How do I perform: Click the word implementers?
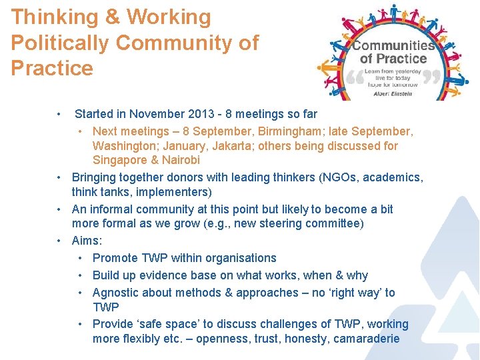point(174,193)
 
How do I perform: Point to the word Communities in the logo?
point(393,46)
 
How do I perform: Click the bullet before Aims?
point(60,241)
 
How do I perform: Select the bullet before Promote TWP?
point(80,258)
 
